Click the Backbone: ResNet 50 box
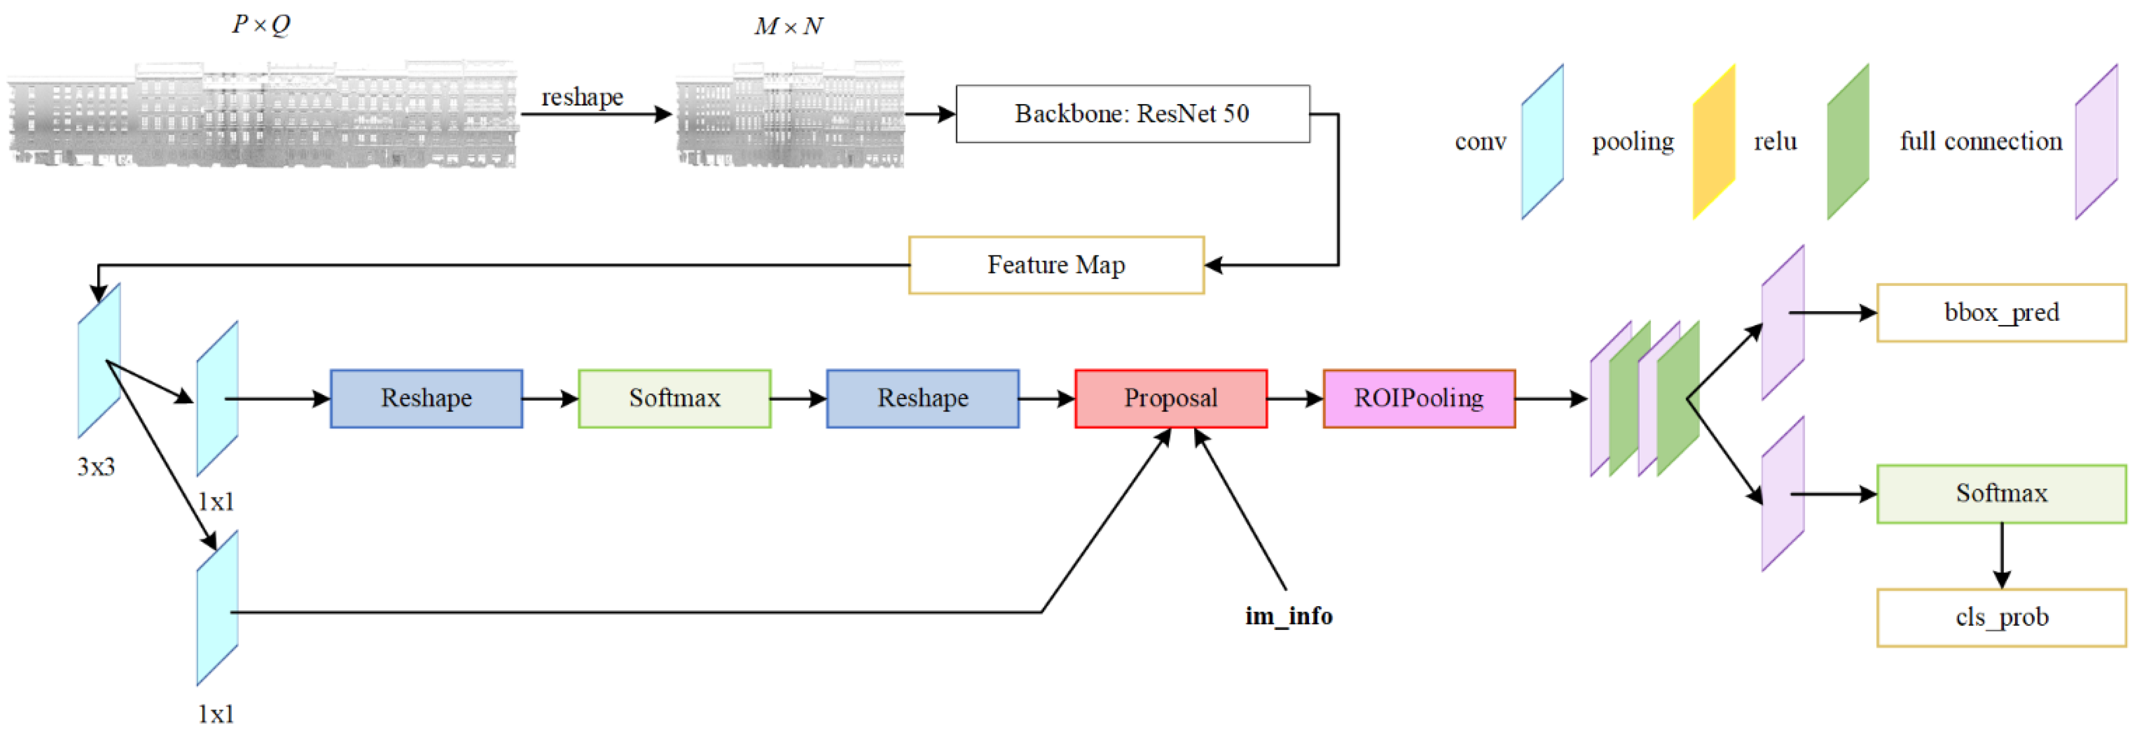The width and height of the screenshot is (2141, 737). pos(1132,114)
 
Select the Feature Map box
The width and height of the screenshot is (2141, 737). pos(1056,265)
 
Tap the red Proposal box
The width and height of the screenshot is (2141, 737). pos(1170,399)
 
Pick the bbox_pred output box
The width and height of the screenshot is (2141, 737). pos(2000,313)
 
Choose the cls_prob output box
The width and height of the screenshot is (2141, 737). pos(2000,618)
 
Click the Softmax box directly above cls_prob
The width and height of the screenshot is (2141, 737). pos(2000,493)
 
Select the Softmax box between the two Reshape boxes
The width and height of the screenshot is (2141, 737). pos(674,399)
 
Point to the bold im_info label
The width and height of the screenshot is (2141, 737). pos(1288,616)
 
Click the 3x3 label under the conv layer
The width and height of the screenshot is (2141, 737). pos(96,467)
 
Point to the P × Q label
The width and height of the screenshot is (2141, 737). pos(261,25)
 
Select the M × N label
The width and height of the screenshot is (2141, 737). pos(788,27)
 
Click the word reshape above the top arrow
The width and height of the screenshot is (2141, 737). pos(582,97)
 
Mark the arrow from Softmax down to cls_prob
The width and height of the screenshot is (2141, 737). pos(2001,555)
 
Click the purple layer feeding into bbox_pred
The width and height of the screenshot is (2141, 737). pos(1783,322)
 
